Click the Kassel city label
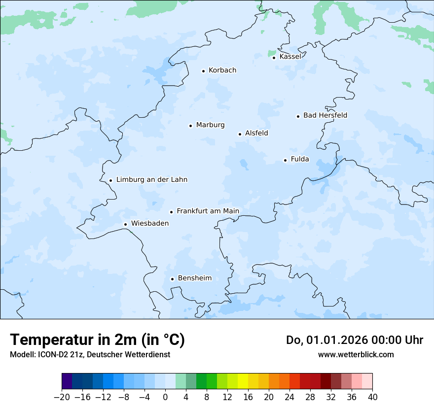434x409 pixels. coord(290,57)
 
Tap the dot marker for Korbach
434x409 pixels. coord(203,71)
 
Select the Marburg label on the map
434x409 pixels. coord(210,125)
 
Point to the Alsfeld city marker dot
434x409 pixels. coord(240,134)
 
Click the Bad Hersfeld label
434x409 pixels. coord(325,116)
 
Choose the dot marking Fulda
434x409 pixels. coord(285,160)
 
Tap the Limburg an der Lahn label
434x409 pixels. coord(151,180)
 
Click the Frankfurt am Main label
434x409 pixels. coord(208,211)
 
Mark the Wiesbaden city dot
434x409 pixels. coord(125,225)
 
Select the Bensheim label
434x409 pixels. coord(194,278)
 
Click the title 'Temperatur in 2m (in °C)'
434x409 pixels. coord(98,340)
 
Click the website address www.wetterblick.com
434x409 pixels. coord(356,354)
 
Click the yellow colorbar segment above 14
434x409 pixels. coord(243,381)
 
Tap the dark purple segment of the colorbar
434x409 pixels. coord(67,381)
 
